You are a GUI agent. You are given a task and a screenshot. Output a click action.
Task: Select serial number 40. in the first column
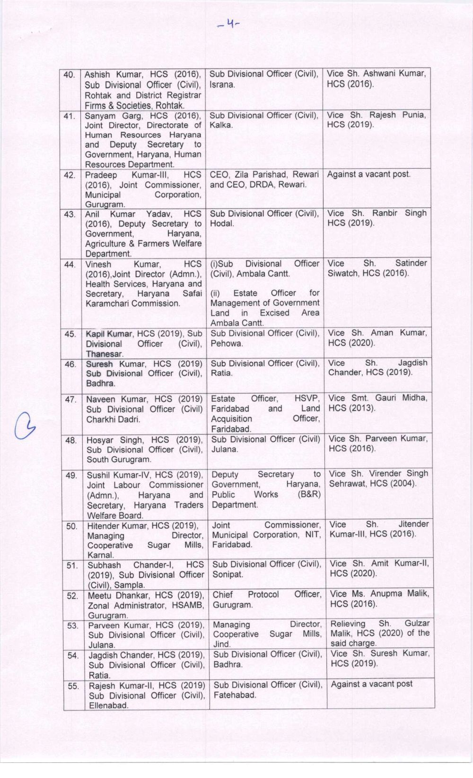click(70, 75)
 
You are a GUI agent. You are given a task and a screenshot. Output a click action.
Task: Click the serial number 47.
click(71, 400)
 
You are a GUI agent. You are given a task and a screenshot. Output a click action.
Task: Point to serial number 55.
click(73, 686)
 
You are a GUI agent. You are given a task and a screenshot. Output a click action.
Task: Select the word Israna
click(222, 85)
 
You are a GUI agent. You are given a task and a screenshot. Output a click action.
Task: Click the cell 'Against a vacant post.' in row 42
click(369, 174)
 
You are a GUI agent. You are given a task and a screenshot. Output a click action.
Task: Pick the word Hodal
click(222, 223)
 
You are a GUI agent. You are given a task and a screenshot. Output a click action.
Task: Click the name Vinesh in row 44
click(98, 265)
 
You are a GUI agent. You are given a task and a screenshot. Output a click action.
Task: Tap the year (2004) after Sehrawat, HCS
click(400, 484)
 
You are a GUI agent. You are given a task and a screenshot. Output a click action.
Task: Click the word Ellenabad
click(108, 706)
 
